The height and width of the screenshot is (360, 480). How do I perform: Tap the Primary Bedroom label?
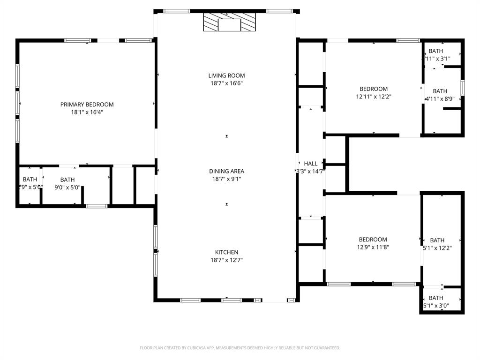[87, 105]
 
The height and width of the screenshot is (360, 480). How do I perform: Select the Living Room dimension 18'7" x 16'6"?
[226, 83]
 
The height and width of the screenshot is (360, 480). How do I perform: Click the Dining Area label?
[226, 171]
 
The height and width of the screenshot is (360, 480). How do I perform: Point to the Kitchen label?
[226, 252]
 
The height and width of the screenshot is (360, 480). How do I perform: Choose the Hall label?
[310, 164]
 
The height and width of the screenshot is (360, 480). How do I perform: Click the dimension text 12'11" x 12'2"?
[374, 97]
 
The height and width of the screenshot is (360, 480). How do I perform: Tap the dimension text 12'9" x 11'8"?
[373, 247]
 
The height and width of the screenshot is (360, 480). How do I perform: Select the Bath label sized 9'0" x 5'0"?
[67, 180]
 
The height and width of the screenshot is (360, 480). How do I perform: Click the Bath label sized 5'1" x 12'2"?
[437, 240]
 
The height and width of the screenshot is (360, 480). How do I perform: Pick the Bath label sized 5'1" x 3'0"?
[435, 298]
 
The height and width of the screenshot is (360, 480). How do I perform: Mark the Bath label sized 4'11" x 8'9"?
[440, 91]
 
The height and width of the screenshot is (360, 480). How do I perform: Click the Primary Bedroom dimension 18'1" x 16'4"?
[87, 112]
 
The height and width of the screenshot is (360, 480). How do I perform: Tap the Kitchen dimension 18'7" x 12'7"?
[226, 260]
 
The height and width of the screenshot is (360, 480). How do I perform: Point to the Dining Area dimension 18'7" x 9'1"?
[226, 179]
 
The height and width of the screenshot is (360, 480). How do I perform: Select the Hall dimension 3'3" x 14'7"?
[310, 172]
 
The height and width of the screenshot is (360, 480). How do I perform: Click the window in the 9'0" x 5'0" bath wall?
[97, 206]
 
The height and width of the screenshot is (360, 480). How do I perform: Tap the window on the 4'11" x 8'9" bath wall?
[463, 88]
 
